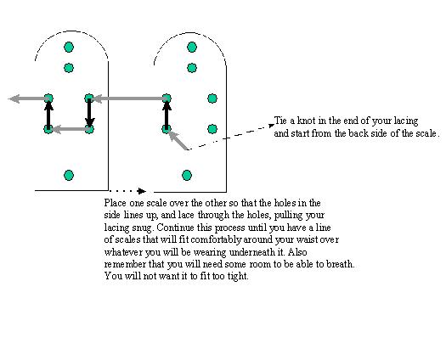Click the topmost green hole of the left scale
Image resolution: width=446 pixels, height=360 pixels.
coord(69,47)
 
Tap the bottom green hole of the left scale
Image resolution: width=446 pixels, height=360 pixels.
coord(69,175)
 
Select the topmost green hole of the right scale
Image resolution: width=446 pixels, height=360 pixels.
coord(192,47)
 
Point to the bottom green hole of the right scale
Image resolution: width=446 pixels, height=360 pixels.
coord(187,175)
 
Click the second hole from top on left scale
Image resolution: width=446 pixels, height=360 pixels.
coord(69,68)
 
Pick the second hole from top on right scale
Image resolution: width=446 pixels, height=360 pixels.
coord(192,68)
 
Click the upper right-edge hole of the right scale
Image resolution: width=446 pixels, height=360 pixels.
coord(212,98)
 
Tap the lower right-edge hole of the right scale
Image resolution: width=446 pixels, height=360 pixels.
coord(212,129)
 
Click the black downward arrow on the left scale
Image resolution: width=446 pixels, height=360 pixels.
coord(89,113)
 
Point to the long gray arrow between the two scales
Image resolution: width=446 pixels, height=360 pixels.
coord(130,98)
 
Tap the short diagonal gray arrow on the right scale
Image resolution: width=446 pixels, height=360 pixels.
coord(178,140)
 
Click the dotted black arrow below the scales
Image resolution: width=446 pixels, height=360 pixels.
coord(127,191)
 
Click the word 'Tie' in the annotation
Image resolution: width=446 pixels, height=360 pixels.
coord(280,121)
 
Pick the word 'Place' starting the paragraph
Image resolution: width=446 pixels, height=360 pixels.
coord(116,203)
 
